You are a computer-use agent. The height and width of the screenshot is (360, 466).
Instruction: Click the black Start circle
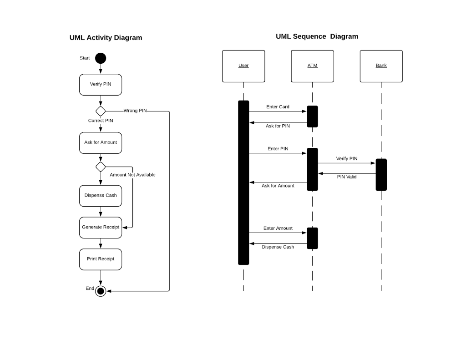(101, 58)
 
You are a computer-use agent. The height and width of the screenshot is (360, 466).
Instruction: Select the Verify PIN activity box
(101, 85)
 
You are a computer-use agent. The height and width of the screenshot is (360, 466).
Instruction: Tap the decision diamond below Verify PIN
(101, 111)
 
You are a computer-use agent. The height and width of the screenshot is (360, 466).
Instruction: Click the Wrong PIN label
(135, 111)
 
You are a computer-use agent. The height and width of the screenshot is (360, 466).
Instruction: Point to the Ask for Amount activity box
(101, 143)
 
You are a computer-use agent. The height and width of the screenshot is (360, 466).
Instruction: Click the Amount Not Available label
(132, 175)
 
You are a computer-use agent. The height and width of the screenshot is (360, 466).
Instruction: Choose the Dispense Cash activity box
(101, 196)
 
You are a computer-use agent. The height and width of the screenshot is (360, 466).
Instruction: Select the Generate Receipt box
(101, 228)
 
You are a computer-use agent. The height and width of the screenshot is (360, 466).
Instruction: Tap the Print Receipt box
(101, 259)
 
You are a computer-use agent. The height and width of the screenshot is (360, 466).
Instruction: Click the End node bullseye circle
(101, 291)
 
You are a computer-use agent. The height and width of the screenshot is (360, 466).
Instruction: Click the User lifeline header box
(243, 66)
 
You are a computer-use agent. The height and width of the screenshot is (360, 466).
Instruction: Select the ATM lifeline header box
(312, 66)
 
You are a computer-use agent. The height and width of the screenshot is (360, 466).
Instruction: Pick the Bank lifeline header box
(381, 66)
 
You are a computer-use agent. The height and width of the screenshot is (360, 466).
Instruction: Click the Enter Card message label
(278, 107)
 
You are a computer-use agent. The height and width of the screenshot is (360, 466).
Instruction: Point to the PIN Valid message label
(347, 177)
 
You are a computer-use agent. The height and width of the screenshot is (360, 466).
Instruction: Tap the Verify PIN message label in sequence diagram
(347, 159)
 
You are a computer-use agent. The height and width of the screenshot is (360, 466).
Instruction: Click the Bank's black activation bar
(381, 175)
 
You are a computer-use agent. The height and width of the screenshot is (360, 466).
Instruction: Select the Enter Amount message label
(278, 228)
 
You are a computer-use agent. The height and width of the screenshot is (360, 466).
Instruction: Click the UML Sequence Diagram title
(317, 36)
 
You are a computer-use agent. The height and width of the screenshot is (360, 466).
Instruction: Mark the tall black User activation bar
(243, 182)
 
